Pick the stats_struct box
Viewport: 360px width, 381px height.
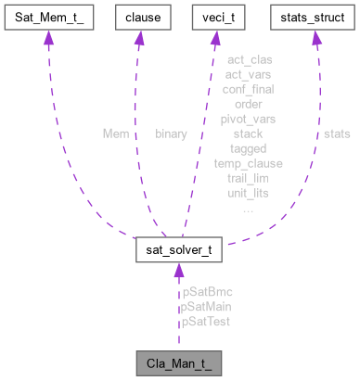pos(315,17)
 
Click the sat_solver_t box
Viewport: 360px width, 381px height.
pos(178,250)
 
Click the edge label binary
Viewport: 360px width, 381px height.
pos(172,133)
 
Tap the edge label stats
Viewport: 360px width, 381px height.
pos(337,133)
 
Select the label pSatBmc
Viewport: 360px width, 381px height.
pos(207,292)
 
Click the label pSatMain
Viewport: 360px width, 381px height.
pos(207,306)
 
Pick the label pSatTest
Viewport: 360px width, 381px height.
pos(206,321)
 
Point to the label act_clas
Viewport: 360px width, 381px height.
pos(248,59)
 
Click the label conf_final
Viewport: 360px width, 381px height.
pos(248,89)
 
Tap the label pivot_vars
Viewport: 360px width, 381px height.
pos(248,119)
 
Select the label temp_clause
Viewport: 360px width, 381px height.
pos(248,163)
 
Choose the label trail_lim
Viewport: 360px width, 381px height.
pos(248,178)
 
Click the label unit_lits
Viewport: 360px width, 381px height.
pos(248,193)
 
